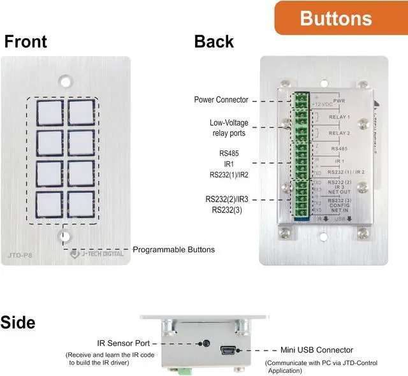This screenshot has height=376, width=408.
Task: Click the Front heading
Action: click(x=25, y=42)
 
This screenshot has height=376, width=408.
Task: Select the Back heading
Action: click(x=214, y=42)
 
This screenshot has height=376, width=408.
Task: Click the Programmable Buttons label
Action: click(x=173, y=249)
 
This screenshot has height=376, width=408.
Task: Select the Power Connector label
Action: click(x=221, y=100)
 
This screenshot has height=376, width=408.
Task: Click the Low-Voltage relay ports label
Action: click(x=228, y=127)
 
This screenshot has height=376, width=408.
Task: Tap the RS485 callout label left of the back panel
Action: click(x=228, y=154)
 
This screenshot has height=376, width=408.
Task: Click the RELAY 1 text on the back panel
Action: click(x=339, y=117)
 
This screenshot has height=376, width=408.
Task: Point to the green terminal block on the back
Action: click(x=300, y=156)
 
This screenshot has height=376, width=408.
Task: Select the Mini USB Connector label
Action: click(x=316, y=350)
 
